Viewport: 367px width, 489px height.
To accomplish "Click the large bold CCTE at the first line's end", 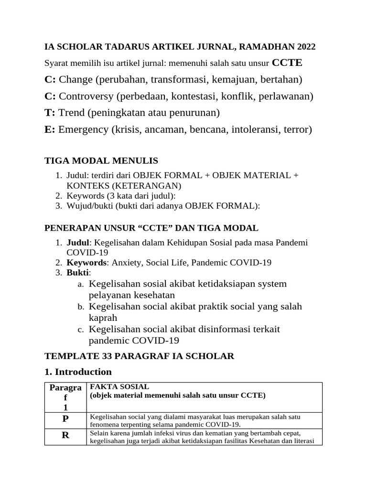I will [x=287, y=63].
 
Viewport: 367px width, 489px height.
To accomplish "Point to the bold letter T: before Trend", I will [x=50, y=113].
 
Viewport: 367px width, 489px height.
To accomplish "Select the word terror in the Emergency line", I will [x=297, y=129].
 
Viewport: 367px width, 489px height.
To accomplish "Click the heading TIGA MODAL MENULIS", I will [x=101, y=160].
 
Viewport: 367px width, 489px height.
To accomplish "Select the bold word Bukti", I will [x=77, y=273].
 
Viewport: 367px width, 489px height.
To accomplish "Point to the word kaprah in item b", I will [x=103, y=318].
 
